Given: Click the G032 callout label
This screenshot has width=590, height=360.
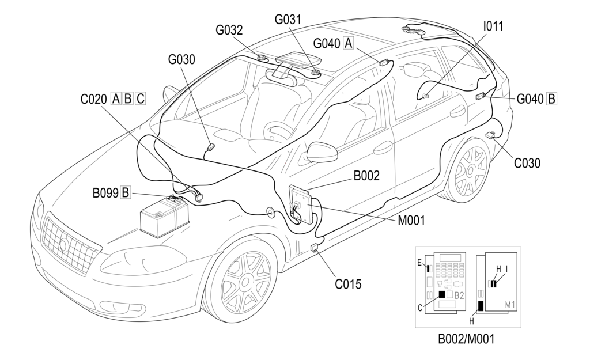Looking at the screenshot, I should pyautogui.click(x=229, y=30).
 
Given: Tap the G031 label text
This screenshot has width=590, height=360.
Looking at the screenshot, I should pyautogui.click(x=288, y=19).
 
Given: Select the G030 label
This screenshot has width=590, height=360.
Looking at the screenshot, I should pyautogui.click(x=182, y=59).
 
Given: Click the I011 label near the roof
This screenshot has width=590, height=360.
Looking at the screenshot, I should pyautogui.click(x=493, y=26).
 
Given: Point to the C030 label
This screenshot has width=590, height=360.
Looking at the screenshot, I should pyautogui.click(x=527, y=163).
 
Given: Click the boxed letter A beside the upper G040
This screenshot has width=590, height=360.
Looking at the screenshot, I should pyautogui.click(x=348, y=43).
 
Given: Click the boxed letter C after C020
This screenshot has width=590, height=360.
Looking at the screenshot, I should pyautogui.click(x=140, y=98).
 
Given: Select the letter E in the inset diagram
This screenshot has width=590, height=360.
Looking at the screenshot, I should pyautogui.click(x=419, y=262).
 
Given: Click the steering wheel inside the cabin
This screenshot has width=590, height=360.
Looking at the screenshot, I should pyautogui.click(x=277, y=131).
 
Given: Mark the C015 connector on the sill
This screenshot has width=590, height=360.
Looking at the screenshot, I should pyautogui.click(x=315, y=248).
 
